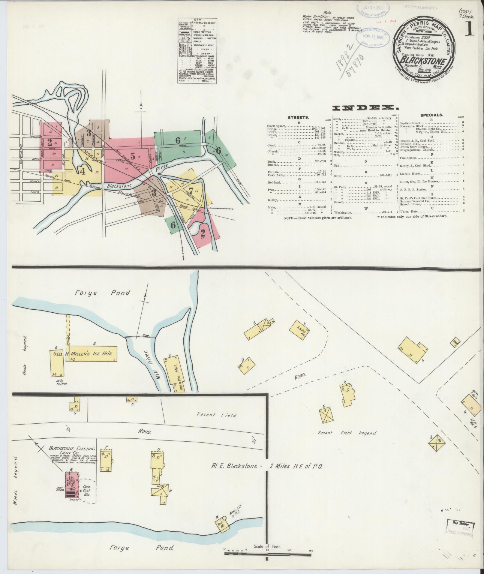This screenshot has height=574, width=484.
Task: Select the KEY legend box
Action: (x=197, y=51)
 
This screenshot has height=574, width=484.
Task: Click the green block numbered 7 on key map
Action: (x=191, y=190)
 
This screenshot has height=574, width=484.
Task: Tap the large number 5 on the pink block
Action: (x=133, y=156)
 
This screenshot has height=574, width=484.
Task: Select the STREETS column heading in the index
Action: (x=299, y=117)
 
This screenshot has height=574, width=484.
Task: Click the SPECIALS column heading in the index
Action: (x=431, y=115)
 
